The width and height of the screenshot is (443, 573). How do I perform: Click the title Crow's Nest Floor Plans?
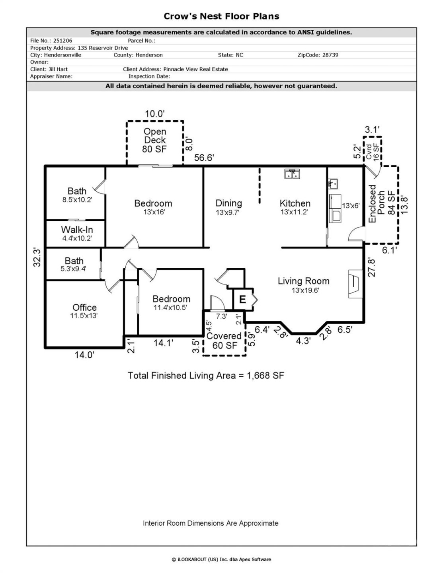click(x=221, y=16)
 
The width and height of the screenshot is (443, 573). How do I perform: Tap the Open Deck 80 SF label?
click(x=155, y=140)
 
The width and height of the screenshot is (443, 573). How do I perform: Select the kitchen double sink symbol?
click(x=292, y=174)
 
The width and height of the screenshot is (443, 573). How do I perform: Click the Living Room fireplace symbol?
click(x=355, y=282)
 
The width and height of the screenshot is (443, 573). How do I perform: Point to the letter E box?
click(x=242, y=299)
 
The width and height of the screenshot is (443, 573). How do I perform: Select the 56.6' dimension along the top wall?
click(x=204, y=158)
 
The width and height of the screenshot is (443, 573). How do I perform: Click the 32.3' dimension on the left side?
click(x=37, y=257)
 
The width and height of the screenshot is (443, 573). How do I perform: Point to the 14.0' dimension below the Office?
click(x=84, y=355)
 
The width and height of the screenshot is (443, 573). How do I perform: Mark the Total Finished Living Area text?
click(x=206, y=376)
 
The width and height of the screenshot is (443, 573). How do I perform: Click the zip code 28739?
click(x=330, y=55)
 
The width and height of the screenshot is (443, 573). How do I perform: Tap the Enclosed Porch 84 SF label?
click(x=381, y=204)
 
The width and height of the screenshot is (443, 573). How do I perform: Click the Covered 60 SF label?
click(x=224, y=341)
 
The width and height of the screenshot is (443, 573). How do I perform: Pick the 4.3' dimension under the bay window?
click(x=303, y=341)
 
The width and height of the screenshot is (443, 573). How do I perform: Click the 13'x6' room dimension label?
click(x=351, y=206)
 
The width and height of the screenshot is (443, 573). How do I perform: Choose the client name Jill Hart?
click(x=58, y=69)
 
